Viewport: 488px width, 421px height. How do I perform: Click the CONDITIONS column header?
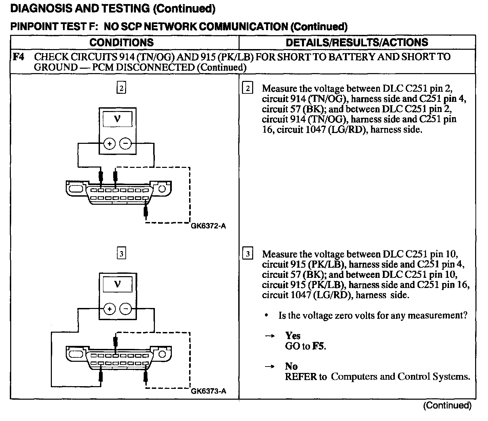tap(121, 42)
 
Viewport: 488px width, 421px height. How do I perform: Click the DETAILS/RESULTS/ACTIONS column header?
tap(357, 42)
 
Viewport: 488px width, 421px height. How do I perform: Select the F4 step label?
tap(18, 57)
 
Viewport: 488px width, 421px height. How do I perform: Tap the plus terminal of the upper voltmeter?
tap(109, 144)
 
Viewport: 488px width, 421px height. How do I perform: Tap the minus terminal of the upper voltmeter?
tap(126, 144)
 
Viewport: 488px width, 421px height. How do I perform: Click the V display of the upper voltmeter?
tap(117, 119)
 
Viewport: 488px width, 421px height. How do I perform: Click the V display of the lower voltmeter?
tap(117, 284)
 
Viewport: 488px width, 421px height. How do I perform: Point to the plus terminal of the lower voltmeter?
tap(109, 309)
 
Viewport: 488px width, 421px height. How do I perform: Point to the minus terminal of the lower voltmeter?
tap(126, 309)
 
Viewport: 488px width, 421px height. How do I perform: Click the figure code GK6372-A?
tap(208, 226)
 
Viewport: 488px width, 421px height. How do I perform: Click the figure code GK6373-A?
tap(208, 391)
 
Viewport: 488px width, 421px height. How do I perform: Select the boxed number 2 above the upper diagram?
tap(121, 88)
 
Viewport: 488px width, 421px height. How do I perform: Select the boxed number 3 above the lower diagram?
tap(121, 253)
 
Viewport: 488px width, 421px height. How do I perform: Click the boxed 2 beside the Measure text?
tap(248, 89)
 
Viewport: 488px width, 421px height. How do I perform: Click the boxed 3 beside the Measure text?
tap(248, 254)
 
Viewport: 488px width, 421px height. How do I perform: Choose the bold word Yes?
tap(293, 335)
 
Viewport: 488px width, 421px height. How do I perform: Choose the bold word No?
tap(291, 366)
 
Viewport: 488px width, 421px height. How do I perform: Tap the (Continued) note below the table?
tap(447, 405)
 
